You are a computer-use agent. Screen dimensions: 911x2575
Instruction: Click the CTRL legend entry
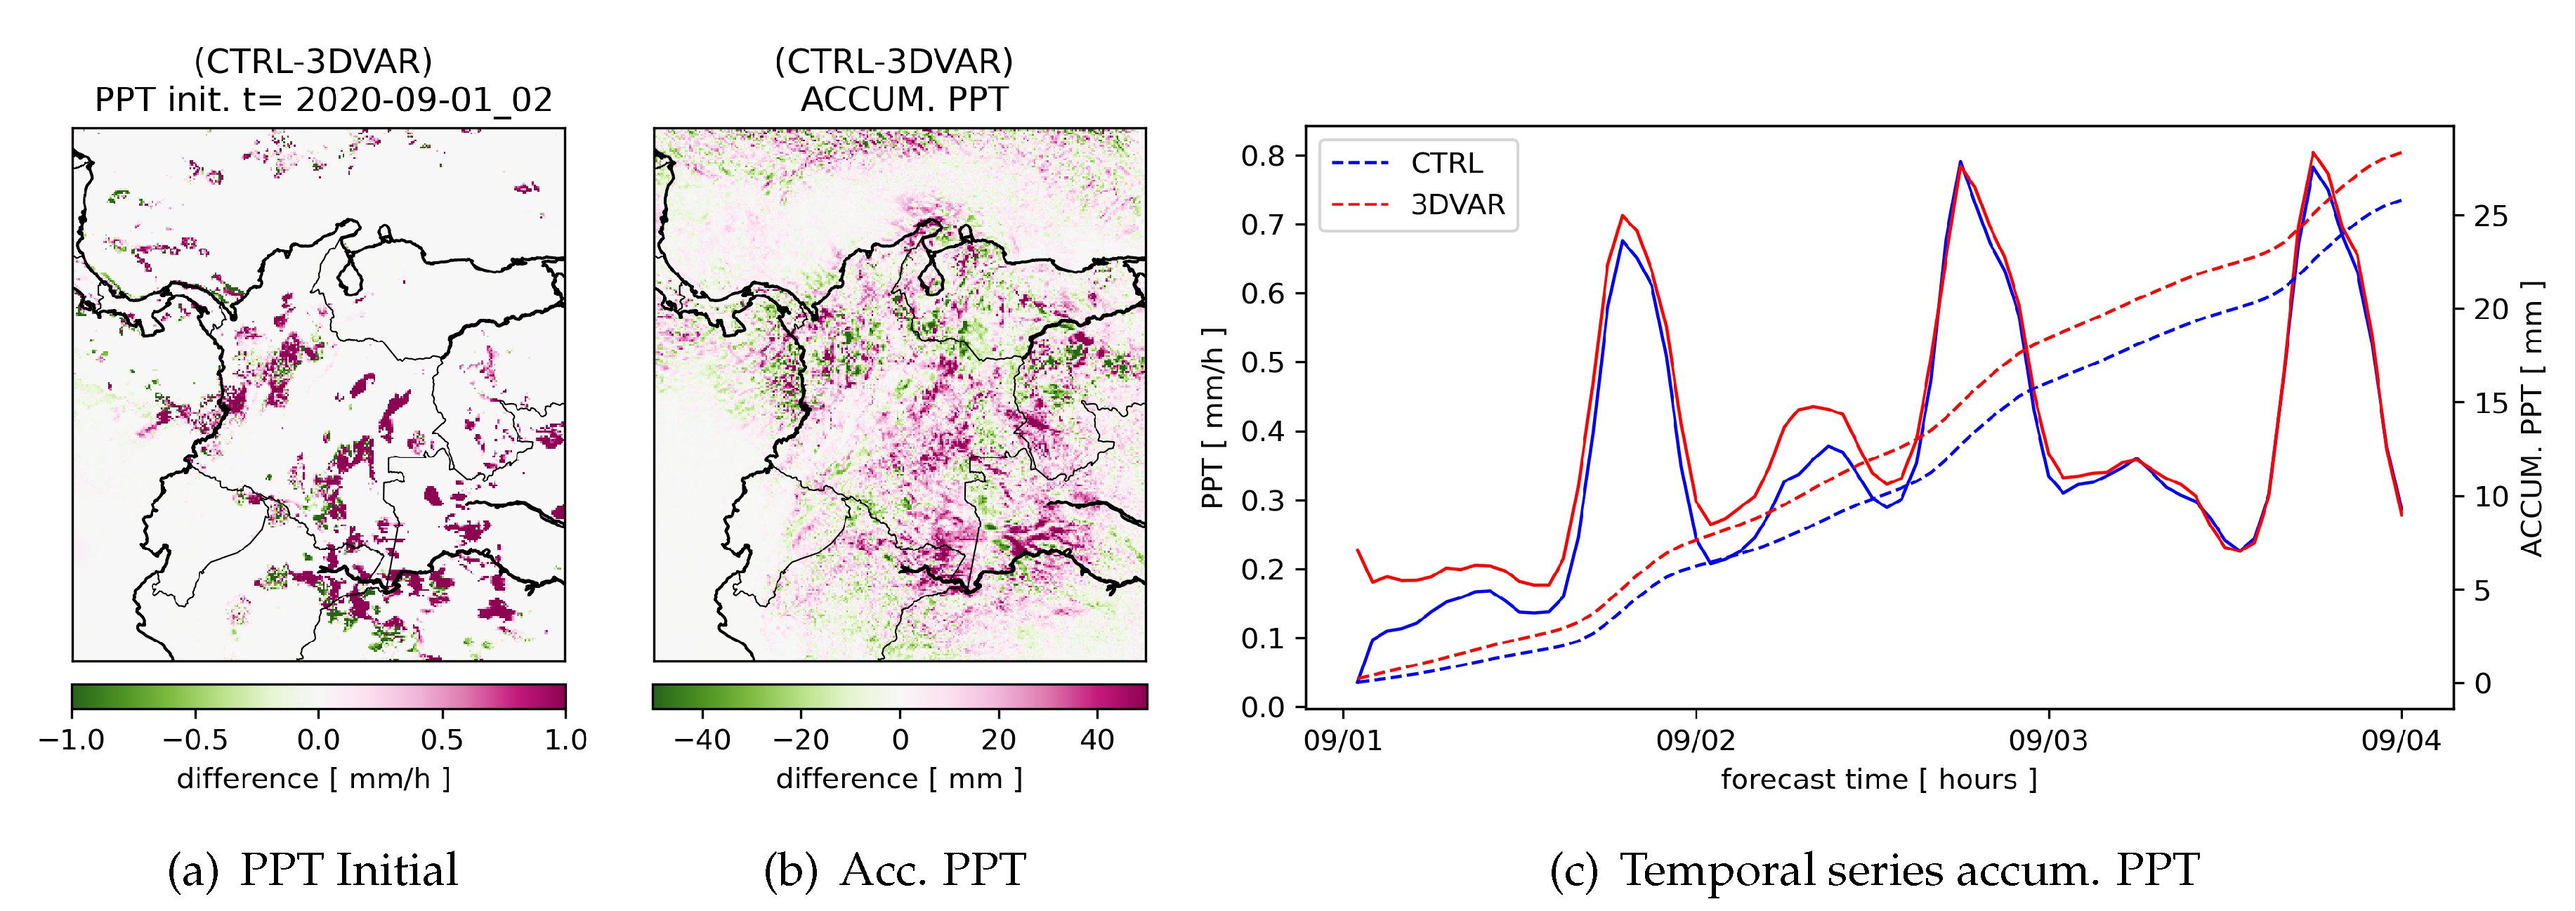point(1446,163)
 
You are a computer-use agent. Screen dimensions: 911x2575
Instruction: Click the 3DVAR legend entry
point(1457,205)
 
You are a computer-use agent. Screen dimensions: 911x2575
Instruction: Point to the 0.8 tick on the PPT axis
point(1262,156)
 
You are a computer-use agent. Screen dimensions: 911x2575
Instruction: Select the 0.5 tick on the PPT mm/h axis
point(1262,362)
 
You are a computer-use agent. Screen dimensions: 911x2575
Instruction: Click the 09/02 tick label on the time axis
point(1696,741)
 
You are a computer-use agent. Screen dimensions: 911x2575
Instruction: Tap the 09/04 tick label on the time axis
point(2400,741)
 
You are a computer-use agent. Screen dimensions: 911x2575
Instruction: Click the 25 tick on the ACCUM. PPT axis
point(2490,216)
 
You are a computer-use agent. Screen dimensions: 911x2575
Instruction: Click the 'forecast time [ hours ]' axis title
point(1878,780)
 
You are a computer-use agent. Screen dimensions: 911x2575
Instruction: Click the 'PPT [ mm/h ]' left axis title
point(1212,417)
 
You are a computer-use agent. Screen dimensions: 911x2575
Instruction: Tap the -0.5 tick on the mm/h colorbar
point(195,740)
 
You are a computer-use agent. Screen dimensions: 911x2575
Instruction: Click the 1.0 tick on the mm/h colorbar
point(565,740)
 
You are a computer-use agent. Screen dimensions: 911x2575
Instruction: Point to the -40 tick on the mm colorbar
point(702,740)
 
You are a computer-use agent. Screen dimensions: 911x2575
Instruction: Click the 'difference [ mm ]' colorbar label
point(898,779)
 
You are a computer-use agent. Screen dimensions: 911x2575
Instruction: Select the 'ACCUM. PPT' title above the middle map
point(904,100)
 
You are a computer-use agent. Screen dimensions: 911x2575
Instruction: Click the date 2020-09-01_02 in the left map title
point(424,100)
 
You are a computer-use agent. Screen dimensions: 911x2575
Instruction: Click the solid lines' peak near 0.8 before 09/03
point(1960,163)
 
